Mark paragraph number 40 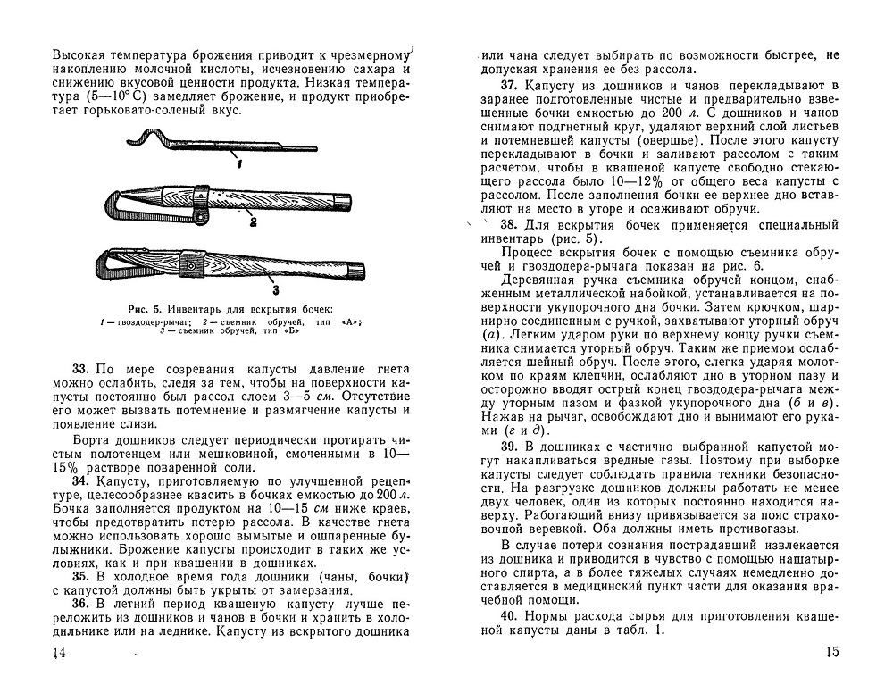pos(510,617)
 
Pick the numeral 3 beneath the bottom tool pos(275,289)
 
